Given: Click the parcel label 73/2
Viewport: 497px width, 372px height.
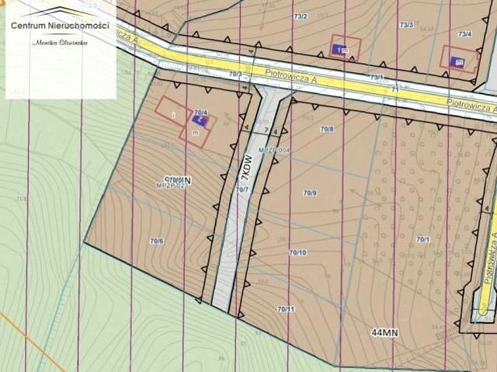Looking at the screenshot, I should pyautogui.click(x=301, y=16).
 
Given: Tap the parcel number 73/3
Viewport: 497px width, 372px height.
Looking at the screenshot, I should pyautogui.click(x=405, y=25).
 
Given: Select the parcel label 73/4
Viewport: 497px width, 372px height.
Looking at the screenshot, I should pyautogui.click(x=464, y=34).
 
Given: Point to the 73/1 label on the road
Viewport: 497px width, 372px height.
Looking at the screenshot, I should pyautogui.click(x=377, y=77).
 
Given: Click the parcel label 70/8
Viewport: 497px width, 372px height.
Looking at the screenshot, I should pyautogui.click(x=326, y=129).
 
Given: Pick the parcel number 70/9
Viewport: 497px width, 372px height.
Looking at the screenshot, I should pyautogui.click(x=310, y=192).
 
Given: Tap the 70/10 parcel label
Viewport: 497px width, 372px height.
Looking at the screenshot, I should pyautogui.click(x=297, y=252).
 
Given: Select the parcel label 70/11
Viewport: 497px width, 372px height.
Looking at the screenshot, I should pyautogui.click(x=286, y=309).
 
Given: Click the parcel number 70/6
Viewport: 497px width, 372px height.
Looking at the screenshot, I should pyautogui.click(x=156, y=241).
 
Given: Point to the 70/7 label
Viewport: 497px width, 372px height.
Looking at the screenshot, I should pyautogui.click(x=242, y=189).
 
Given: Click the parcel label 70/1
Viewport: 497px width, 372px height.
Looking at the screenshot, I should pyautogui.click(x=422, y=239).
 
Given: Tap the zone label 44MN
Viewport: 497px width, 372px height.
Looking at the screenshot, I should pyautogui.click(x=384, y=332).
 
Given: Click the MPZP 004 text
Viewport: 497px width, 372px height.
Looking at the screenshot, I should pyautogui.click(x=274, y=149).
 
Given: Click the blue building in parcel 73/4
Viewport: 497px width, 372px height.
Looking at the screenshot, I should pyautogui.click(x=457, y=61).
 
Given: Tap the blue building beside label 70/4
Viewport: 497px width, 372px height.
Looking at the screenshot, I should pyautogui.click(x=199, y=120).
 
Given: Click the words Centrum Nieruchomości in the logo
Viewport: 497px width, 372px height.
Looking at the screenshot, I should pyautogui.click(x=60, y=26).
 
